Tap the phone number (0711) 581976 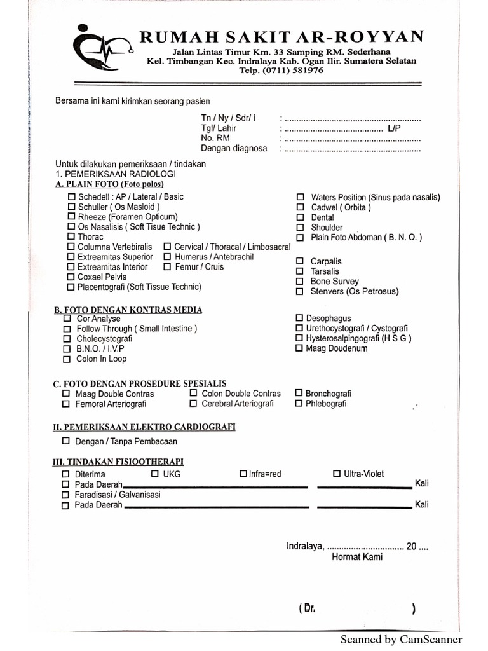(281, 71)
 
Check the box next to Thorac (71, 237)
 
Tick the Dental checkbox (301, 217)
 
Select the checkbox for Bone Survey (300, 282)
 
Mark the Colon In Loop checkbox (67, 359)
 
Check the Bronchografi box (299, 394)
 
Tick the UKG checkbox (154, 474)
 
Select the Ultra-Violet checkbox (337, 474)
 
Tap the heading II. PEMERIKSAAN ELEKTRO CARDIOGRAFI (144, 427)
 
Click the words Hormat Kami (357, 558)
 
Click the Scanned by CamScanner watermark (401, 640)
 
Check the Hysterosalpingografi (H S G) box (300, 339)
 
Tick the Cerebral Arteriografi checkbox (193, 404)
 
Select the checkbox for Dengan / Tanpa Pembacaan (67, 441)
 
